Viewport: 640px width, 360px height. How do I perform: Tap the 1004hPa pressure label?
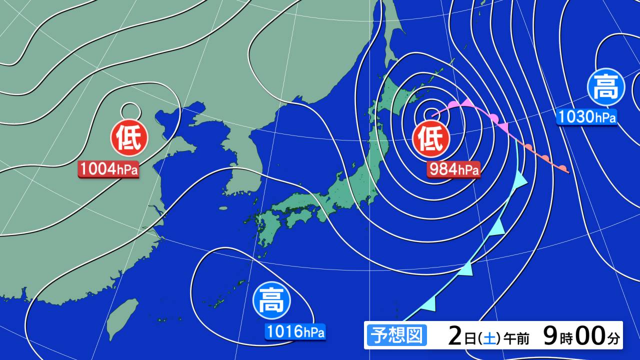click(108, 169)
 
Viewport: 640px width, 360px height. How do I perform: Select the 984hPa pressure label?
click(454, 169)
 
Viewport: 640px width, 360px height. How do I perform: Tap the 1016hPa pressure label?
click(295, 331)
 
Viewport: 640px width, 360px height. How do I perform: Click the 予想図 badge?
click(396, 335)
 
